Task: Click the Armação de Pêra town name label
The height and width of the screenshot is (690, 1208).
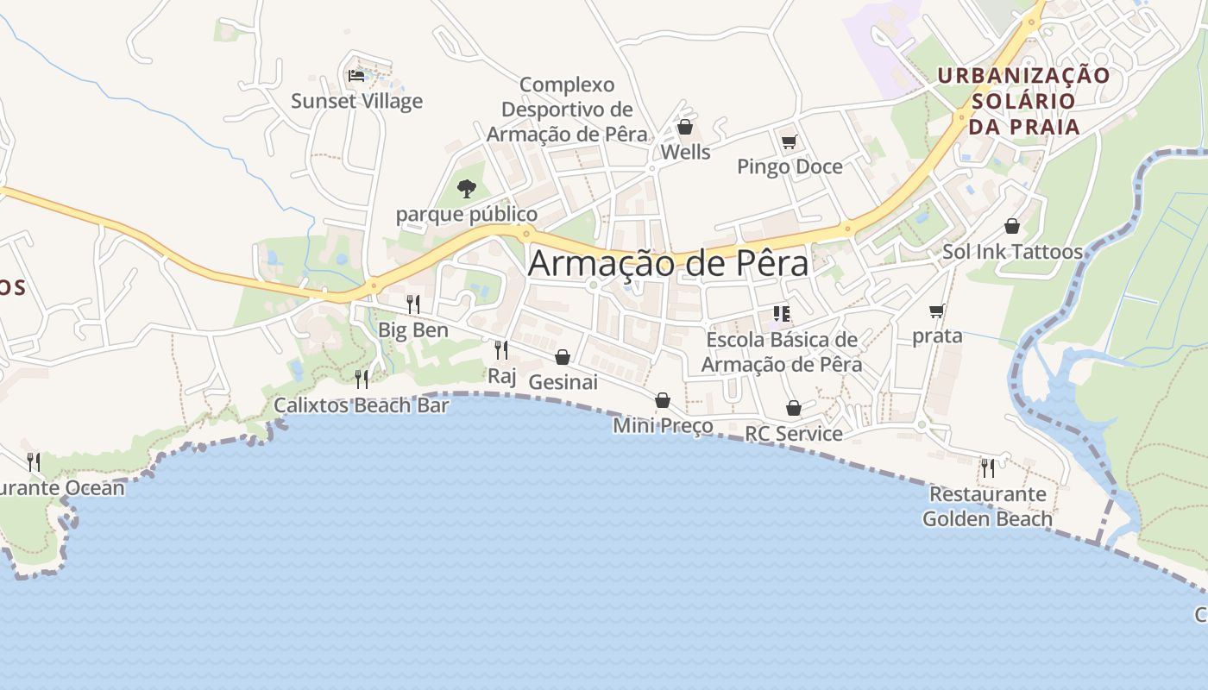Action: (x=668, y=263)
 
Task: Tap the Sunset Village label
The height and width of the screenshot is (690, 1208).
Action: (x=356, y=101)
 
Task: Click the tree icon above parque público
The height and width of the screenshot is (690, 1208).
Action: (x=466, y=187)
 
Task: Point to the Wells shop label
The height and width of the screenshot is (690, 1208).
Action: (x=685, y=153)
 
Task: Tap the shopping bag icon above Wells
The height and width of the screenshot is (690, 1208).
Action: (x=685, y=128)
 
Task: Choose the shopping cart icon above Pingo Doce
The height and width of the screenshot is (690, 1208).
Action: (x=789, y=141)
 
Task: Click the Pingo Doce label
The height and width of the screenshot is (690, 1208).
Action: (x=790, y=166)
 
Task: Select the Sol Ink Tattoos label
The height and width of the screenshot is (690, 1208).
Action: (x=1012, y=252)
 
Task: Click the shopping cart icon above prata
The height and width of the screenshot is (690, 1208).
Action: (x=937, y=310)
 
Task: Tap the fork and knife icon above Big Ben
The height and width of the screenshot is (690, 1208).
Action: (x=413, y=304)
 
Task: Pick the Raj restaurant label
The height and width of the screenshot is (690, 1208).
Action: (x=501, y=375)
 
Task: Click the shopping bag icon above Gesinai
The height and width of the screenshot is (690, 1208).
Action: (x=563, y=357)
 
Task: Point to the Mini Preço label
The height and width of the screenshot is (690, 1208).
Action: (x=663, y=425)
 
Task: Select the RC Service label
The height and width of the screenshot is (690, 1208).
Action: (x=794, y=433)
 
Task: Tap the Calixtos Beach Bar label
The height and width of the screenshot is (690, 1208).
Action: (x=362, y=405)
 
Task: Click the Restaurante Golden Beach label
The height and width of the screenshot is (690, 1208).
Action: (x=987, y=506)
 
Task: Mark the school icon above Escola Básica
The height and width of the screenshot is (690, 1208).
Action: (x=782, y=314)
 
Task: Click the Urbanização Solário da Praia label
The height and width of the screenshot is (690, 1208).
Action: (x=1023, y=101)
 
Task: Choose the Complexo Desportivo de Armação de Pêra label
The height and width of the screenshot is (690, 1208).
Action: (x=567, y=110)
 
